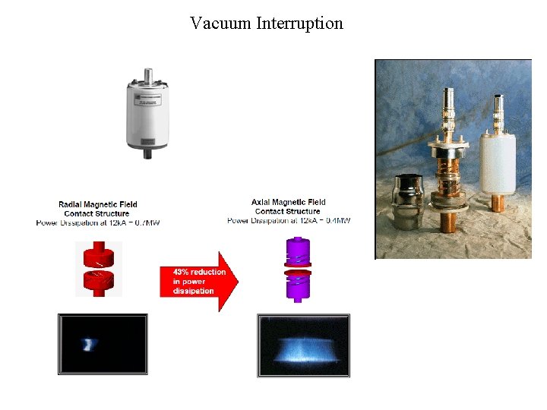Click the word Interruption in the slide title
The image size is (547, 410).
[x=300, y=24]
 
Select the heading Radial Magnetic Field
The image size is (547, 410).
[x=98, y=204]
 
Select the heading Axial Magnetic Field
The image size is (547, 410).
[x=289, y=202]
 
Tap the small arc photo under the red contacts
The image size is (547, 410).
[x=103, y=344]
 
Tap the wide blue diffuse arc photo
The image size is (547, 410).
[x=304, y=345]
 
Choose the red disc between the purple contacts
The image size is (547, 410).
[x=298, y=272]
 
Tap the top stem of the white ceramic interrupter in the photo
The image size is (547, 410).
[x=500, y=114]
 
